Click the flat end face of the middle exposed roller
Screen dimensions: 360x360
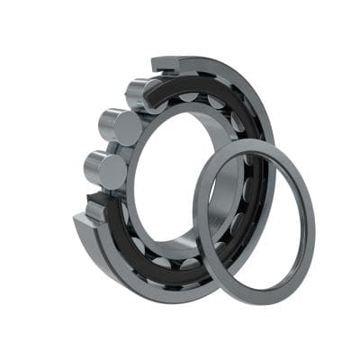[128, 129]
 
